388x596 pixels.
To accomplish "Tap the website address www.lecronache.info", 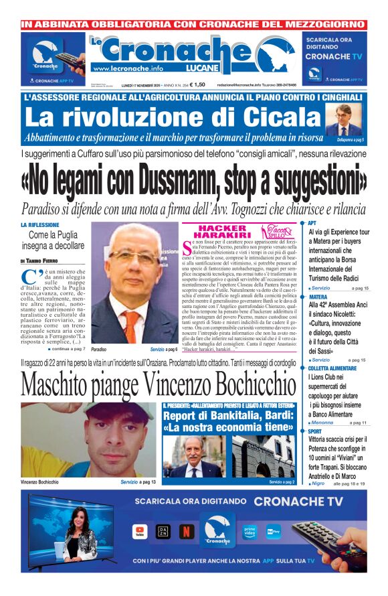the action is click(x=128, y=68).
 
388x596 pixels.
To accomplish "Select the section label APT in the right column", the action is click(x=312, y=224).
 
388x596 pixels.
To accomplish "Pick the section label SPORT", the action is click(x=315, y=432).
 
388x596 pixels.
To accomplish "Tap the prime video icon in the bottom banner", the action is click(x=250, y=531).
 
